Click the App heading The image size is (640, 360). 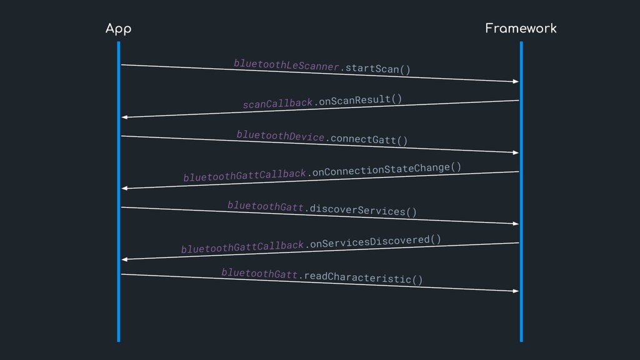click(118, 29)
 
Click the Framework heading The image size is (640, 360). click(521, 28)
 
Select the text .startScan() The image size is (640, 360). click(376, 67)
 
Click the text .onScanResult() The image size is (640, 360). click(357, 99)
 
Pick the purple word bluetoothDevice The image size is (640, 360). click(281, 136)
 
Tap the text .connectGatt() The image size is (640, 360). click(367, 139)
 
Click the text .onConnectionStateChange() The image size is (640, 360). click(384, 169)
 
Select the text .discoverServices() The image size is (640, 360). click(361, 209)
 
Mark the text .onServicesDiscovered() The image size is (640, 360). click(373, 241)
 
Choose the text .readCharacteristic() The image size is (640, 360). click(360, 277)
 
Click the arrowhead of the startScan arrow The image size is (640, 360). click(516, 81)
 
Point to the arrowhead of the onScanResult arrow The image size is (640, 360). click(124, 117)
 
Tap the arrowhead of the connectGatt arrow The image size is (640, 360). click(516, 152)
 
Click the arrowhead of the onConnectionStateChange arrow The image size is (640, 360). click(124, 188)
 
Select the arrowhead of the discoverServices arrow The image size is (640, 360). click(516, 223)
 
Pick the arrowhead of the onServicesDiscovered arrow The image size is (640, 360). click(124, 259)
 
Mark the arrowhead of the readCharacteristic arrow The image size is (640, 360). click(516, 291)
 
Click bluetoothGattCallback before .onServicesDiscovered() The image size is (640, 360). click(242, 247)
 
